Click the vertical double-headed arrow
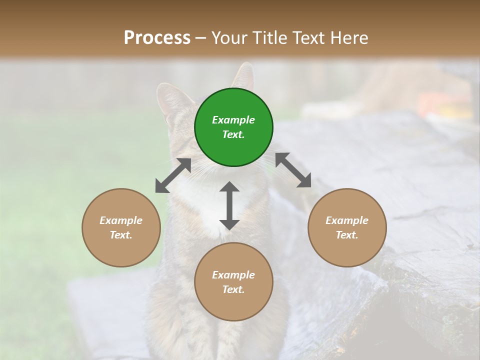pyautogui.click(x=229, y=205)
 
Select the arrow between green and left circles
pyautogui.click(x=173, y=175)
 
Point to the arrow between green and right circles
pyautogui.click(x=293, y=170)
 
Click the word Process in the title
pyautogui.click(x=157, y=38)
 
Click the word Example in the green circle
pyautogui.click(x=233, y=120)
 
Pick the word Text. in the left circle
pyautogui.click(x=121, y=235)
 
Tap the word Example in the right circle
pyautogui.click(x=347, y=220)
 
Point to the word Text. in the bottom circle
pyautogui.click(x=233, y=289)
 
